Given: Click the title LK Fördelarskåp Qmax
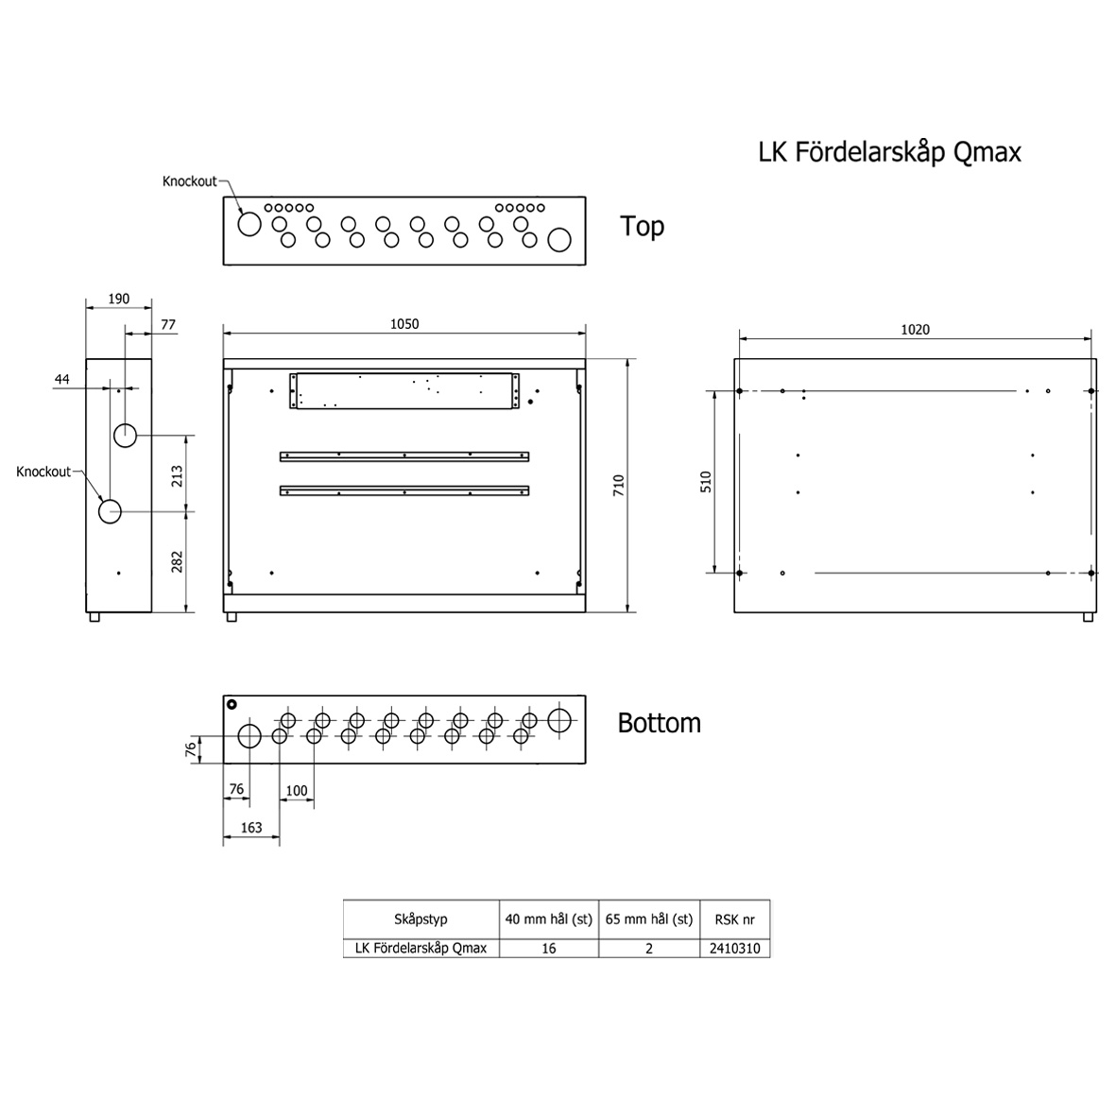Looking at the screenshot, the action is tap(889, 152).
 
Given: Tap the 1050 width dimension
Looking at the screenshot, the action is tap(404, 324).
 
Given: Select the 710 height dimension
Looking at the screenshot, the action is tap(619, 486).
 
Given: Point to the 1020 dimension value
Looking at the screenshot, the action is tap(916, 330).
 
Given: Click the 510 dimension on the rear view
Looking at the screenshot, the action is tap(705, 482).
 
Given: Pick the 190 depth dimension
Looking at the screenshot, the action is tap(119, 299).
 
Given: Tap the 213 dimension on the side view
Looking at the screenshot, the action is tap(177, 476).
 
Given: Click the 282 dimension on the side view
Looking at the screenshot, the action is tap(177, 561).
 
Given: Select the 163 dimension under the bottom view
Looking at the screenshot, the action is tap(251, 828).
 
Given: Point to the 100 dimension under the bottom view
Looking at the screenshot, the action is tap(296, 791).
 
